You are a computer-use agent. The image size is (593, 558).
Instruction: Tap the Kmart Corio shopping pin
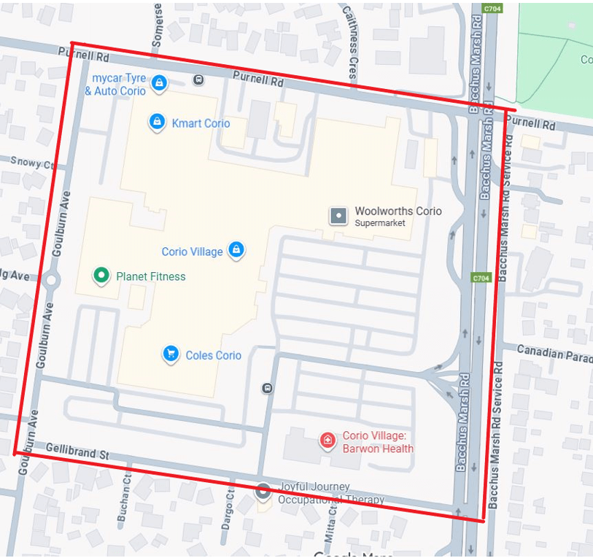156,122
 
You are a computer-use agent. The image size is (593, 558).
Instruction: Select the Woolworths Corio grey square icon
339,216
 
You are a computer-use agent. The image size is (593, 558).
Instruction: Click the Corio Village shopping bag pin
236,250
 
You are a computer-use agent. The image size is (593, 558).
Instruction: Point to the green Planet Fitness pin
101,276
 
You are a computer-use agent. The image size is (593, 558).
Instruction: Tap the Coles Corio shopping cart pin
171,354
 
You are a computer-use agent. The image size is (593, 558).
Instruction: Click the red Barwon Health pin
327,441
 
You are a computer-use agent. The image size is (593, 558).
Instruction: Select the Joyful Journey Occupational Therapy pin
263,492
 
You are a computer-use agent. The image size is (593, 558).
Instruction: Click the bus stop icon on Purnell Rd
198,80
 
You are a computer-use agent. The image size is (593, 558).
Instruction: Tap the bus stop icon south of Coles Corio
267,388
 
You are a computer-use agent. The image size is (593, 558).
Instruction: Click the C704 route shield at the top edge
492,9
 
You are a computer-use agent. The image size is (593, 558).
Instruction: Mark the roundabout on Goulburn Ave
51,279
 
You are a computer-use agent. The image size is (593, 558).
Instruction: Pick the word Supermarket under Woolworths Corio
379,223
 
